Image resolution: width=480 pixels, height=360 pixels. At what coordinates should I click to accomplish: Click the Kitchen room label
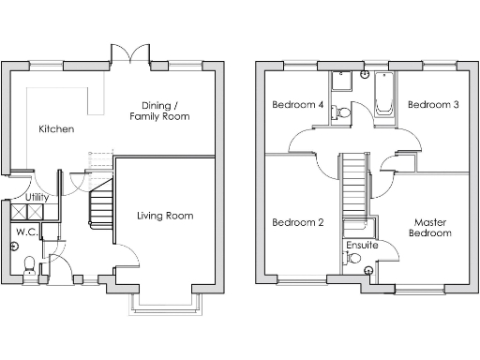click(56, 129)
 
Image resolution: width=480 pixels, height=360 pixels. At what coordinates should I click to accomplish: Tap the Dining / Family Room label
click(165, 111)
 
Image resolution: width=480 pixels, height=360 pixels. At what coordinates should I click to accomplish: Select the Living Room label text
click(165, 216)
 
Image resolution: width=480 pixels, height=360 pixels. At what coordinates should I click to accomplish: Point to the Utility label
click(37, 198)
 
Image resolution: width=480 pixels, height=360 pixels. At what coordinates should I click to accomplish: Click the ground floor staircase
click(100, 204)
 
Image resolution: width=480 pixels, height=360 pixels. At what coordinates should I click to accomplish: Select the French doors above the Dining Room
click(129, 52)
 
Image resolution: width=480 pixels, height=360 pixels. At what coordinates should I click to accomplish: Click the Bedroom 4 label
click(297, 105)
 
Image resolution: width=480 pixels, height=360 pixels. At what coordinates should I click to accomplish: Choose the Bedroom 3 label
click(433, 105)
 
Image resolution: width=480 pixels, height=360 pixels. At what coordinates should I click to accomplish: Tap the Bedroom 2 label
click(297, 223)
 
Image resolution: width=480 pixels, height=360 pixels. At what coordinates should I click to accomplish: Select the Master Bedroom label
click(432, 228)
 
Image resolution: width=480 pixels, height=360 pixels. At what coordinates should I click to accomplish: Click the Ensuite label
click(362, 245)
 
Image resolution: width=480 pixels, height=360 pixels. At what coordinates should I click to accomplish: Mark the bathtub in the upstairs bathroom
click(384, 97)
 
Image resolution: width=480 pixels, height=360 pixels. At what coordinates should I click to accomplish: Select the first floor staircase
click(353, 184)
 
